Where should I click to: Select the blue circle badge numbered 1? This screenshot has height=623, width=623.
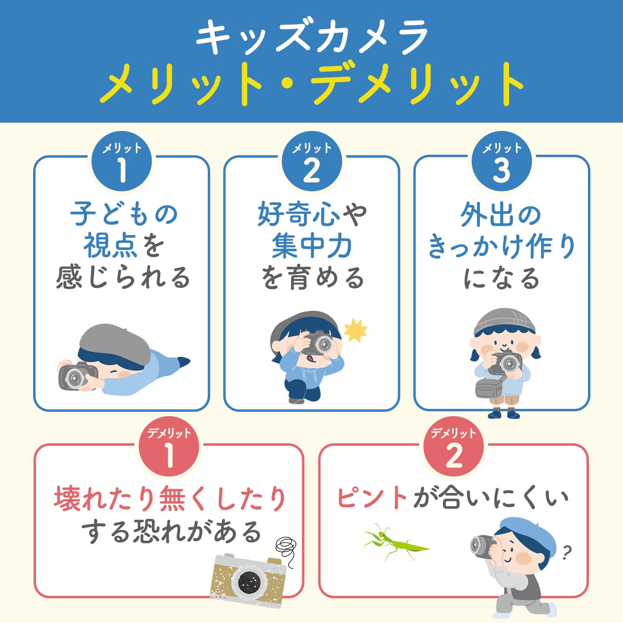122,163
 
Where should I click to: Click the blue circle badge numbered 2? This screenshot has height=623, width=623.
312,163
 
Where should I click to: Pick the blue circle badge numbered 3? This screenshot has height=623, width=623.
502,163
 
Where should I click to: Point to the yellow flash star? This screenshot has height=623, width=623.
355,330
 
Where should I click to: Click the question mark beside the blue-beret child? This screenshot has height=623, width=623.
566,552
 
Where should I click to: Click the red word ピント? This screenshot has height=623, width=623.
372,498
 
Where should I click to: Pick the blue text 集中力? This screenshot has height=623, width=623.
312,246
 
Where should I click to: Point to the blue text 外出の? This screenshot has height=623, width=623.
501,214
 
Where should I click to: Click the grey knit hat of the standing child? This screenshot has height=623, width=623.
501,321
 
